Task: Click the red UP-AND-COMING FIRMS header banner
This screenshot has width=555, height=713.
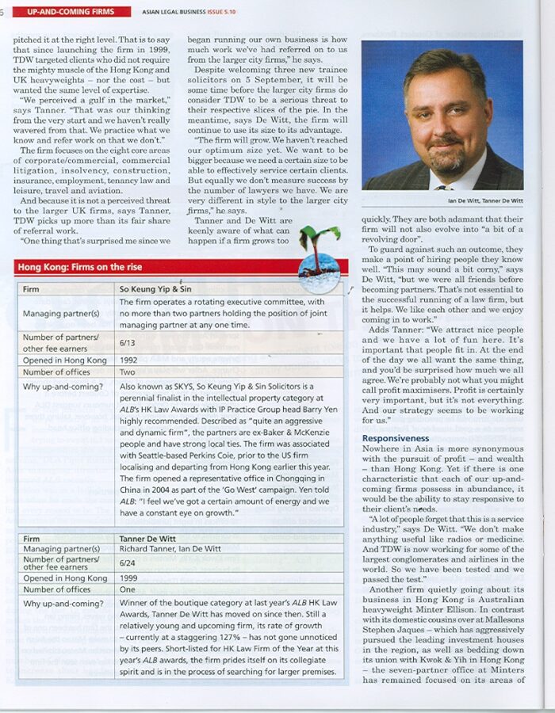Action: coord(71,12)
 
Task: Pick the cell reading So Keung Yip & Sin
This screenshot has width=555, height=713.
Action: coord(155,289)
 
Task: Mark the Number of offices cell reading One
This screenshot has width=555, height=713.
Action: coord(128,590)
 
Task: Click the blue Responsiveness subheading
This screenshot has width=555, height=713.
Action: coord(395,438)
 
